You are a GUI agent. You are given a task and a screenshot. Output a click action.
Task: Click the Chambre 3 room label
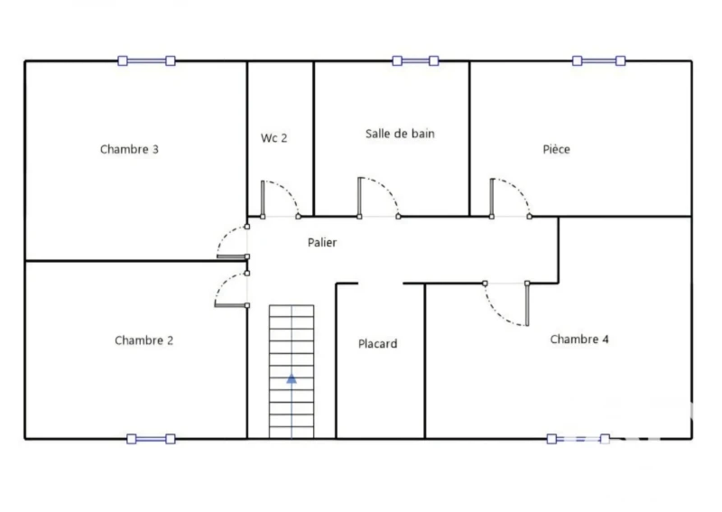(x=129, y=149)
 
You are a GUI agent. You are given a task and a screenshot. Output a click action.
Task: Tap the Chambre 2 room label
(x=144, y=340)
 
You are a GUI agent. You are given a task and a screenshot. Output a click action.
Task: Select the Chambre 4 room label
(x=579, y=340)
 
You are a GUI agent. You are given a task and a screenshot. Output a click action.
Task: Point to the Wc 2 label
(x=274, y=138)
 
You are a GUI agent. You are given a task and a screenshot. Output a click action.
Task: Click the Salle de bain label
(x=400, y=134)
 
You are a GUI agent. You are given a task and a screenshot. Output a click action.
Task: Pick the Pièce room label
(x=556, y=149)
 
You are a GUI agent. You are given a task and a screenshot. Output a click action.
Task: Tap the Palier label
(x=322, y=242)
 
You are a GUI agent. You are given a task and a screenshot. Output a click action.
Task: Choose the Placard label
(x=377, y=344)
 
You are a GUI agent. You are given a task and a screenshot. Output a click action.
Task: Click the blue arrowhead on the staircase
(x=292, y=379)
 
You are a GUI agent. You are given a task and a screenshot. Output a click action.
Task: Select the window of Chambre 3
(x=146, y=61)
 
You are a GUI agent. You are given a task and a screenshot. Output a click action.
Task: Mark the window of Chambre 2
(x=151, y=439)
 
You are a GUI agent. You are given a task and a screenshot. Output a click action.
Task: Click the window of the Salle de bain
(x=415, y=61)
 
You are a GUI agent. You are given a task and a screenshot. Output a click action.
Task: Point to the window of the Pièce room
(x=598, y=61)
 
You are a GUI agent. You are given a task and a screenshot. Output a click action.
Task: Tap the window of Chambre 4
(x=579, y=439)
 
